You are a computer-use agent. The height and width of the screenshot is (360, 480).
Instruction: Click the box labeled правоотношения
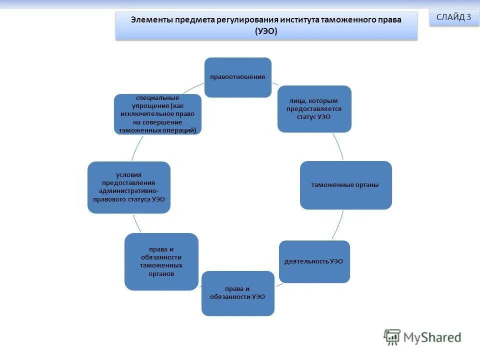point(238,77)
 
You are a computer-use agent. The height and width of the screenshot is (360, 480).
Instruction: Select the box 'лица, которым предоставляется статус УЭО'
point(314,108)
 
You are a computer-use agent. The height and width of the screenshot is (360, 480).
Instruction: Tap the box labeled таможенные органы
point(345,185)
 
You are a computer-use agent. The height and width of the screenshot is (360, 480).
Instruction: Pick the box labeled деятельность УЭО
point(314,261)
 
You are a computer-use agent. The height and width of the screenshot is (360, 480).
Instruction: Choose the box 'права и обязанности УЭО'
point(237,293)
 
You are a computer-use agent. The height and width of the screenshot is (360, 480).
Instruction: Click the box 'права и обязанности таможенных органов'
point(161,261)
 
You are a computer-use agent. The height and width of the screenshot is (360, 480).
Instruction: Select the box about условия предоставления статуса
point(129,187)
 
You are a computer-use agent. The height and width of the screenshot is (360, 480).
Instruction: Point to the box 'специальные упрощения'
point(157,113)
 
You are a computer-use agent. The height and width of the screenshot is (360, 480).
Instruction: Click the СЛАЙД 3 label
point(453,17)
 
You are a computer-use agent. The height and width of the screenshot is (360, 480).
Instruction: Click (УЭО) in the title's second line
point(266,31)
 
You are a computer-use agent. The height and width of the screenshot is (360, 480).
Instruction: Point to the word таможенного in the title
point(349,20)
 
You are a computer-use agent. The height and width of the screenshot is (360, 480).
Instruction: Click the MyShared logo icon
point(392,337)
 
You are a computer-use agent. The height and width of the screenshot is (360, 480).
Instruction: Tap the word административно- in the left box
point(129,191)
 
